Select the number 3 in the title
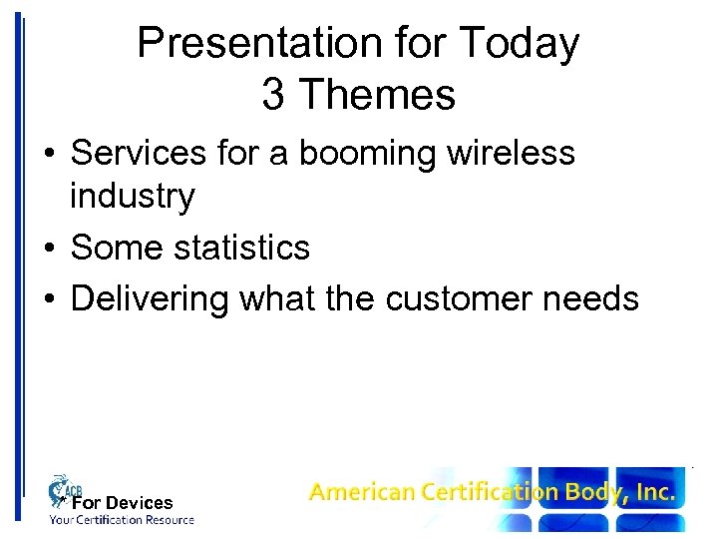coord(273,95)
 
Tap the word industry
coord(132,197)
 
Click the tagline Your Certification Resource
coord(123,520)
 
